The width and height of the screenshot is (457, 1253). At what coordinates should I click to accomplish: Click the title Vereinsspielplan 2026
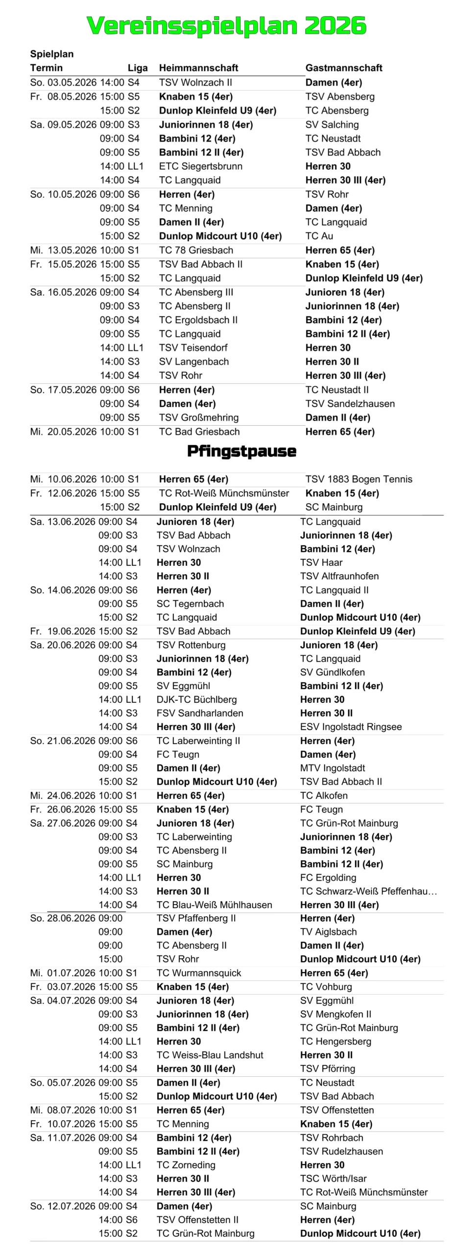226,25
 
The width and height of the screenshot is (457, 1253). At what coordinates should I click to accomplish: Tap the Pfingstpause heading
241,451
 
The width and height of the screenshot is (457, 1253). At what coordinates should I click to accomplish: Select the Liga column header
137,68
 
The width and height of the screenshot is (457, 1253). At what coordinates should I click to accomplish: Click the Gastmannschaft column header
343,68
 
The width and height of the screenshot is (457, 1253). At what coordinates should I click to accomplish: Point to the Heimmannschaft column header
198,68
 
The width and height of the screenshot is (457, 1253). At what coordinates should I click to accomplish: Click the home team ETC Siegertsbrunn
200,166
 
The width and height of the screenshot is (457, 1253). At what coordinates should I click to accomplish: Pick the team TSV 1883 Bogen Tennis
359,479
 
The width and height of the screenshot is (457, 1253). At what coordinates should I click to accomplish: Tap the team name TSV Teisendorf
193,348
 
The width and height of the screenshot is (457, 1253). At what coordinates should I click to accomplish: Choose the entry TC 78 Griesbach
196,250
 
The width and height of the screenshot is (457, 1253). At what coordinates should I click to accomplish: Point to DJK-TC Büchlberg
196,699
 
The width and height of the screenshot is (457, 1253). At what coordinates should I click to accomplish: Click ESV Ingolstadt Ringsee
351,727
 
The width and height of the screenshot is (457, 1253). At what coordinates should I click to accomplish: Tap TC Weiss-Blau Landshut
210,1055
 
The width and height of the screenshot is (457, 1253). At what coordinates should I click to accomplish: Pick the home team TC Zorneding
186,1165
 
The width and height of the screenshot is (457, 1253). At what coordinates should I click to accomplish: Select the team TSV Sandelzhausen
350,404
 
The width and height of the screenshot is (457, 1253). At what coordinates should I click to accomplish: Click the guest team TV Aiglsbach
328,932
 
